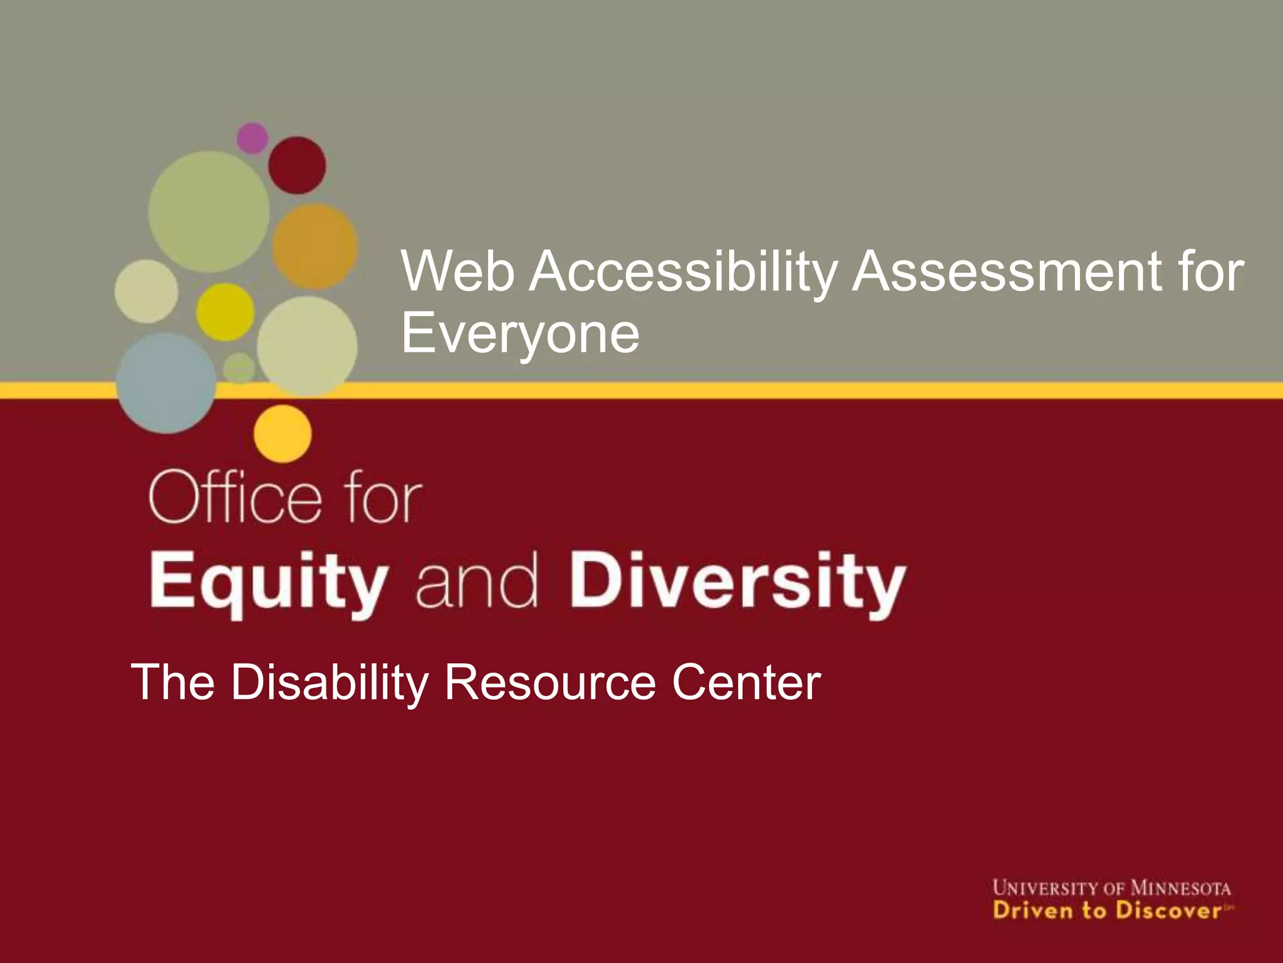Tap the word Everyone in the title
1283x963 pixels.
coord(520,334)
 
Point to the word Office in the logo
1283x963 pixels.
coord(236,498)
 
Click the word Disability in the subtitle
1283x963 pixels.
coord(330,683)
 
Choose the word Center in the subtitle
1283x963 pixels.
coord(746,683)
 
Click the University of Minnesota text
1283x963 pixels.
coord(1111,888)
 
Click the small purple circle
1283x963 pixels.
coord(252,138)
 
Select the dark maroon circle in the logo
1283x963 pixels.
coord(297,166)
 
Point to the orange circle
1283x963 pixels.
coord(314,246)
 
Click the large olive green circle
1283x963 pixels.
coord(209,212)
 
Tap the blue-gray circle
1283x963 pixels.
coord(167,383)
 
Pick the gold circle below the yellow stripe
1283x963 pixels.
coord(283,433)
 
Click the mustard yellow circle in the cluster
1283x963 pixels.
coord(225,312)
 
